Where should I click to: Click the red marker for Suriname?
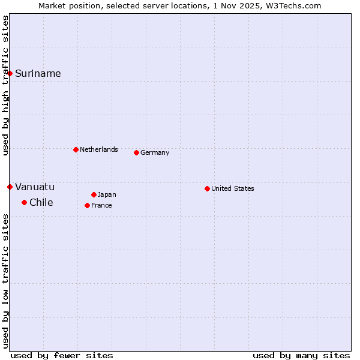[x=10, y=73]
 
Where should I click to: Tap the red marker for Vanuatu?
[x=10, y=187]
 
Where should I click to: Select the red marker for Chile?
[x=24, y=202]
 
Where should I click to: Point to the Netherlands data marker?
[x=76, y=149]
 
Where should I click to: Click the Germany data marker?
[x=136, y=152]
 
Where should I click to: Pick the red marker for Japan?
[x=94, y=194]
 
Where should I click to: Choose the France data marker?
[x=87, y=205]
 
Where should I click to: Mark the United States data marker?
[x=207, y=188]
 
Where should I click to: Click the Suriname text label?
[x=38, y=73]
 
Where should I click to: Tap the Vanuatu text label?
[x=35, y=187]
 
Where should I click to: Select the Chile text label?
[x=41, y=202]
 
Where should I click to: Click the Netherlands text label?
[x=99, y=149]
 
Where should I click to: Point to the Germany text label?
[x=155, y=152]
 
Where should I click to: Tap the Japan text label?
[x=107, y=194]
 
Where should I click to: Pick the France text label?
[x=101, y=205]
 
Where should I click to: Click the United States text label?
[x=233, y=188]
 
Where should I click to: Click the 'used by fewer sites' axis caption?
[x=62, y=355]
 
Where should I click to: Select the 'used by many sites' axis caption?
[x=301, y=355]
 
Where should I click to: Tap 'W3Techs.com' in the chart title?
[x=293, y=5]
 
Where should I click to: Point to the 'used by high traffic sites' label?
[x=5, y=85]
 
